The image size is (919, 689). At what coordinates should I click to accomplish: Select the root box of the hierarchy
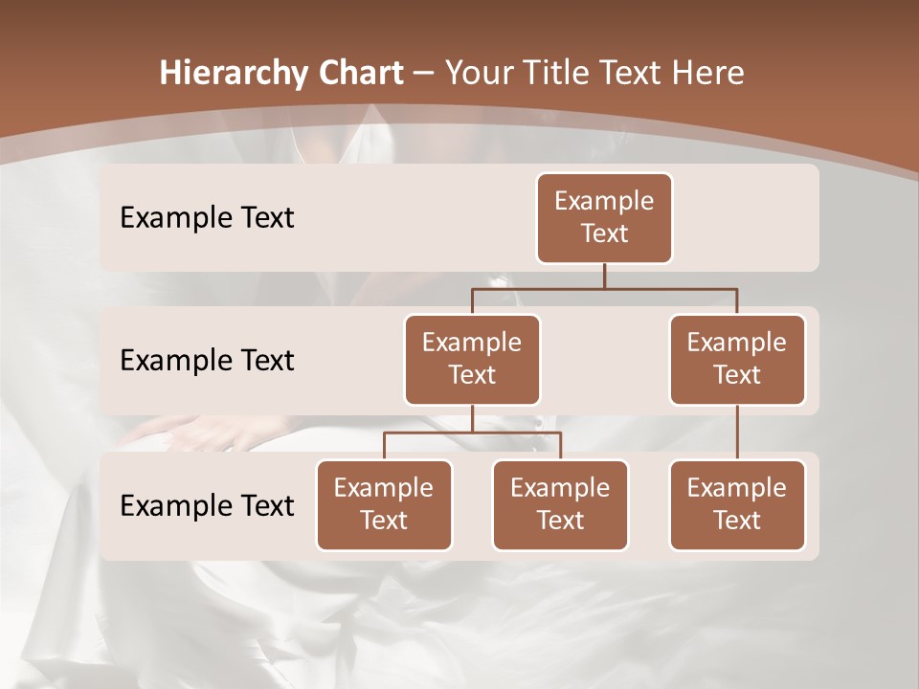click(604, 218)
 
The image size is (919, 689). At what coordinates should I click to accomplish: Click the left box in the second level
click(472, 360)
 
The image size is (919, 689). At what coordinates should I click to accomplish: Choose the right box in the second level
click(737, 360)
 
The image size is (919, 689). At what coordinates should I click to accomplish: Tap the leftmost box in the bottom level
click(384, 505)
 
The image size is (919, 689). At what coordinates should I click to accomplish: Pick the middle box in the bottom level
click(560, 505)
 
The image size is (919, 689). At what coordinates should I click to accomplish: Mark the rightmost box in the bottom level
click(737, 505)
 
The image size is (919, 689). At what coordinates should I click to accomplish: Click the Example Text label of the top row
click(207, 218)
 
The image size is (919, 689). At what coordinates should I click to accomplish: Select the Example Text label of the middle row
click(207, 361)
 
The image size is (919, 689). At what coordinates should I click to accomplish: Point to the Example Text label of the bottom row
click(207, 505)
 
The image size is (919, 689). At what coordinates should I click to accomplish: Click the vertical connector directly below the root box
click(604, 276)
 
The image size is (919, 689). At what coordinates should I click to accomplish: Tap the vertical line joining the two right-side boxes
click(737, 433)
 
